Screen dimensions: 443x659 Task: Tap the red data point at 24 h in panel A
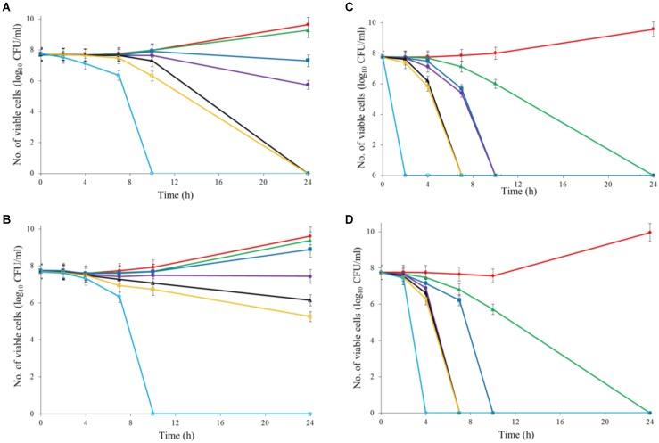click(x=308, y=25)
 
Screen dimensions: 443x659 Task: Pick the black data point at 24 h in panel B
click(x=308, y=299)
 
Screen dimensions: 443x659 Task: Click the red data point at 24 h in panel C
click(x=652, y=29)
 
